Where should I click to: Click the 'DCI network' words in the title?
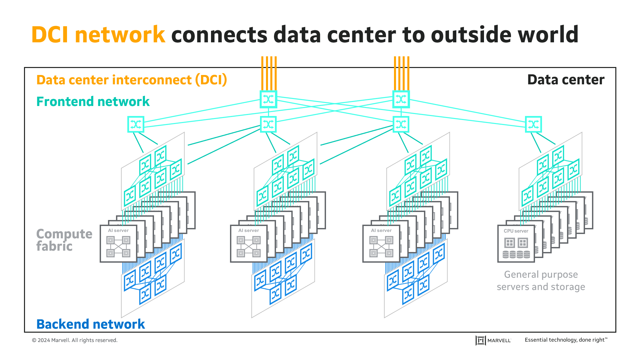point(98,34)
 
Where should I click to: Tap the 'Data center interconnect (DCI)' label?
point(132,80)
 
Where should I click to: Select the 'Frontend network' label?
point(93,101)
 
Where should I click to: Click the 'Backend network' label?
point(90,324)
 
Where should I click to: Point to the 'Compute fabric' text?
point(64,240)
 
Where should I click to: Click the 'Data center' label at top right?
point(566,80)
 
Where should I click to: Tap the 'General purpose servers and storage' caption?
point(541,280)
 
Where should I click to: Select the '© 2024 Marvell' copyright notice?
point(75,340)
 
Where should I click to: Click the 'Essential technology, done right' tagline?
point(566,340)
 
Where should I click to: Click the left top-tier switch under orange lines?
point(268,99)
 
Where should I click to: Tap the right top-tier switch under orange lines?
point(401,99)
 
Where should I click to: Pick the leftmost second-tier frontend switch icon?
point(136,124)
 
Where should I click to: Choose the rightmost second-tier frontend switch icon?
point(533,124)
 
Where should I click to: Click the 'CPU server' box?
point(516,244)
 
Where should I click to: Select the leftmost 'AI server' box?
point(118,244)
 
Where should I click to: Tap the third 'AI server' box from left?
point(381,244)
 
